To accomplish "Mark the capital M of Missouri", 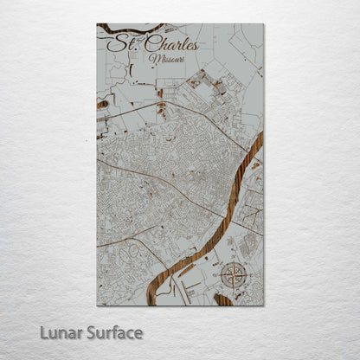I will (x=153, y=59).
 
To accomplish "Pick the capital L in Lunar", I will (x=43, y=332).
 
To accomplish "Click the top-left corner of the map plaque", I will (x=97, y=24).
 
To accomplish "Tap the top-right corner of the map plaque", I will (x=263, y=24).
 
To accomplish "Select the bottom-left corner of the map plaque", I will (x=97, y=305).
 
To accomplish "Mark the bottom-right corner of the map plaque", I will (x=263, y=305).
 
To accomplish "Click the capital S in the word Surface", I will (x=91, y=332).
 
